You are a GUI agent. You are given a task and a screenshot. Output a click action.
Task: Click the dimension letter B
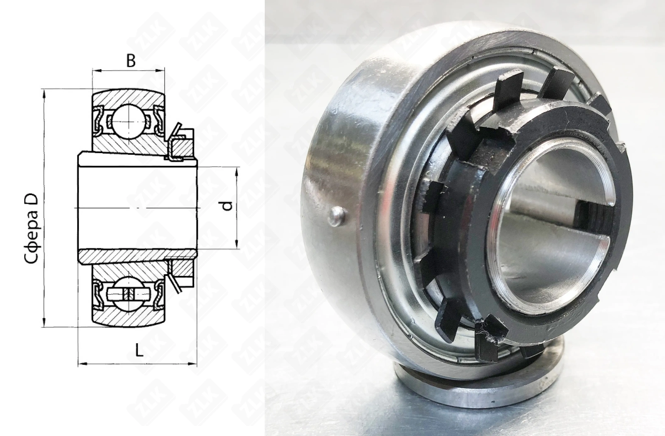click(131, 61)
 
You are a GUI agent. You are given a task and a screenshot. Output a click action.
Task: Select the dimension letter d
click(227, 206)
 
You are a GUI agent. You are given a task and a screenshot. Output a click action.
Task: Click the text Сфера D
click(31, 228)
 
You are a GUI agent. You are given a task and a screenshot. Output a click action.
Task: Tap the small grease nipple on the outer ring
click(337, 217)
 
